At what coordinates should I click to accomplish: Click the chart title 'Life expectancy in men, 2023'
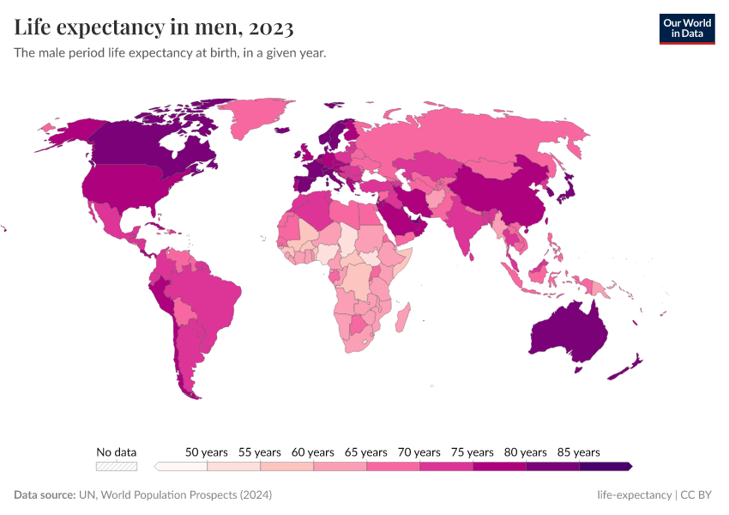tap(154, 27)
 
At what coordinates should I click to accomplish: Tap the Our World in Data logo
tap(687, 28)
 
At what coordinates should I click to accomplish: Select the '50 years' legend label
tap(207, 451)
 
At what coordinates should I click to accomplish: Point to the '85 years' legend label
tap(579, 451)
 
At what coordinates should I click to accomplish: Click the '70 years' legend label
tap(419, 451)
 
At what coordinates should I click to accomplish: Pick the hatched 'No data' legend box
tap(117, 466)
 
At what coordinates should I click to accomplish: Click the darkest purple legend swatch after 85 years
tap(605, 466)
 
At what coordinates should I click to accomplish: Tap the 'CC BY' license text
tap(698, 495)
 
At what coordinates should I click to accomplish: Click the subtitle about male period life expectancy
tap(170, 53)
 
